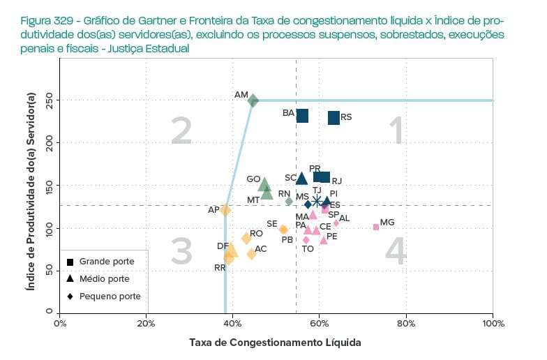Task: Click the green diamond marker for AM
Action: (x=253, y=100)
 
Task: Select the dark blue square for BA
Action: (x=302, y=116)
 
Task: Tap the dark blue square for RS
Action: (x=334, y=118)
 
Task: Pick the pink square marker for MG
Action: (x=376, y=227)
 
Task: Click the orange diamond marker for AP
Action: (x=225, y=209)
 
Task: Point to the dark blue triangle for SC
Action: (x=301, y=179)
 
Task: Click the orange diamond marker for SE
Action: (x=283, y=229)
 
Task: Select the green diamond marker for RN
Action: (x=289, y=202)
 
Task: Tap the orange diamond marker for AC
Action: (x=251, y=254)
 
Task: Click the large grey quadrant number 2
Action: (x=181, y=131)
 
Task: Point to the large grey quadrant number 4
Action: (x=396, y=253)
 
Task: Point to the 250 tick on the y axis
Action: (x=50, y=100)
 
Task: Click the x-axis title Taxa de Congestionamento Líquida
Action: (x=275, y=343)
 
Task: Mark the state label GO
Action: (x=253, y=179)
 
